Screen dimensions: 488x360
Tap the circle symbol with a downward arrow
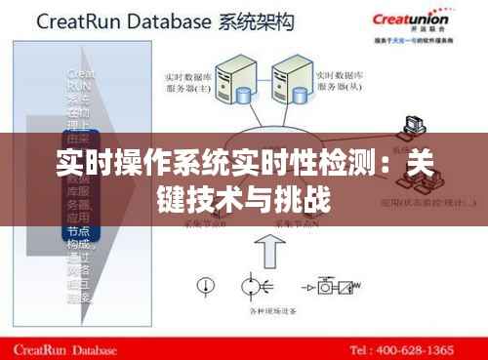pyautogui.click(x=206, y=285)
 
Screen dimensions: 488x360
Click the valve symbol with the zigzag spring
pyautogui.click(x=344, y=286)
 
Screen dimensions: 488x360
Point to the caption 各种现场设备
pyautogui.click(x=270, y=310)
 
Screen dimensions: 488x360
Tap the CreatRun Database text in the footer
pyautogui.click(x=69, y=348)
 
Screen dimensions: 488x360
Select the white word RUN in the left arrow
pyautogui.click(x=79, y=85)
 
